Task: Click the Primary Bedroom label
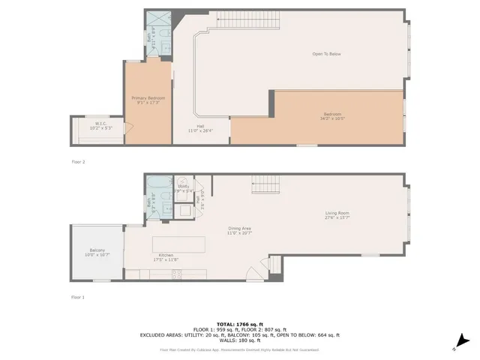point(148,98)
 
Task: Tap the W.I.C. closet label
point(100,124)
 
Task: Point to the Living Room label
point(337,213)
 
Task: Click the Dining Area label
point(239,228)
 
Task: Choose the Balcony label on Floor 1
point(97,250)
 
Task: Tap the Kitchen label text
point(166,256)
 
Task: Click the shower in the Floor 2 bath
point(157,19)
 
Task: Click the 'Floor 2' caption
point(78,161)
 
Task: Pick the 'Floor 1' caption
point(78,298)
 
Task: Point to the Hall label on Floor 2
point(201,125)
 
